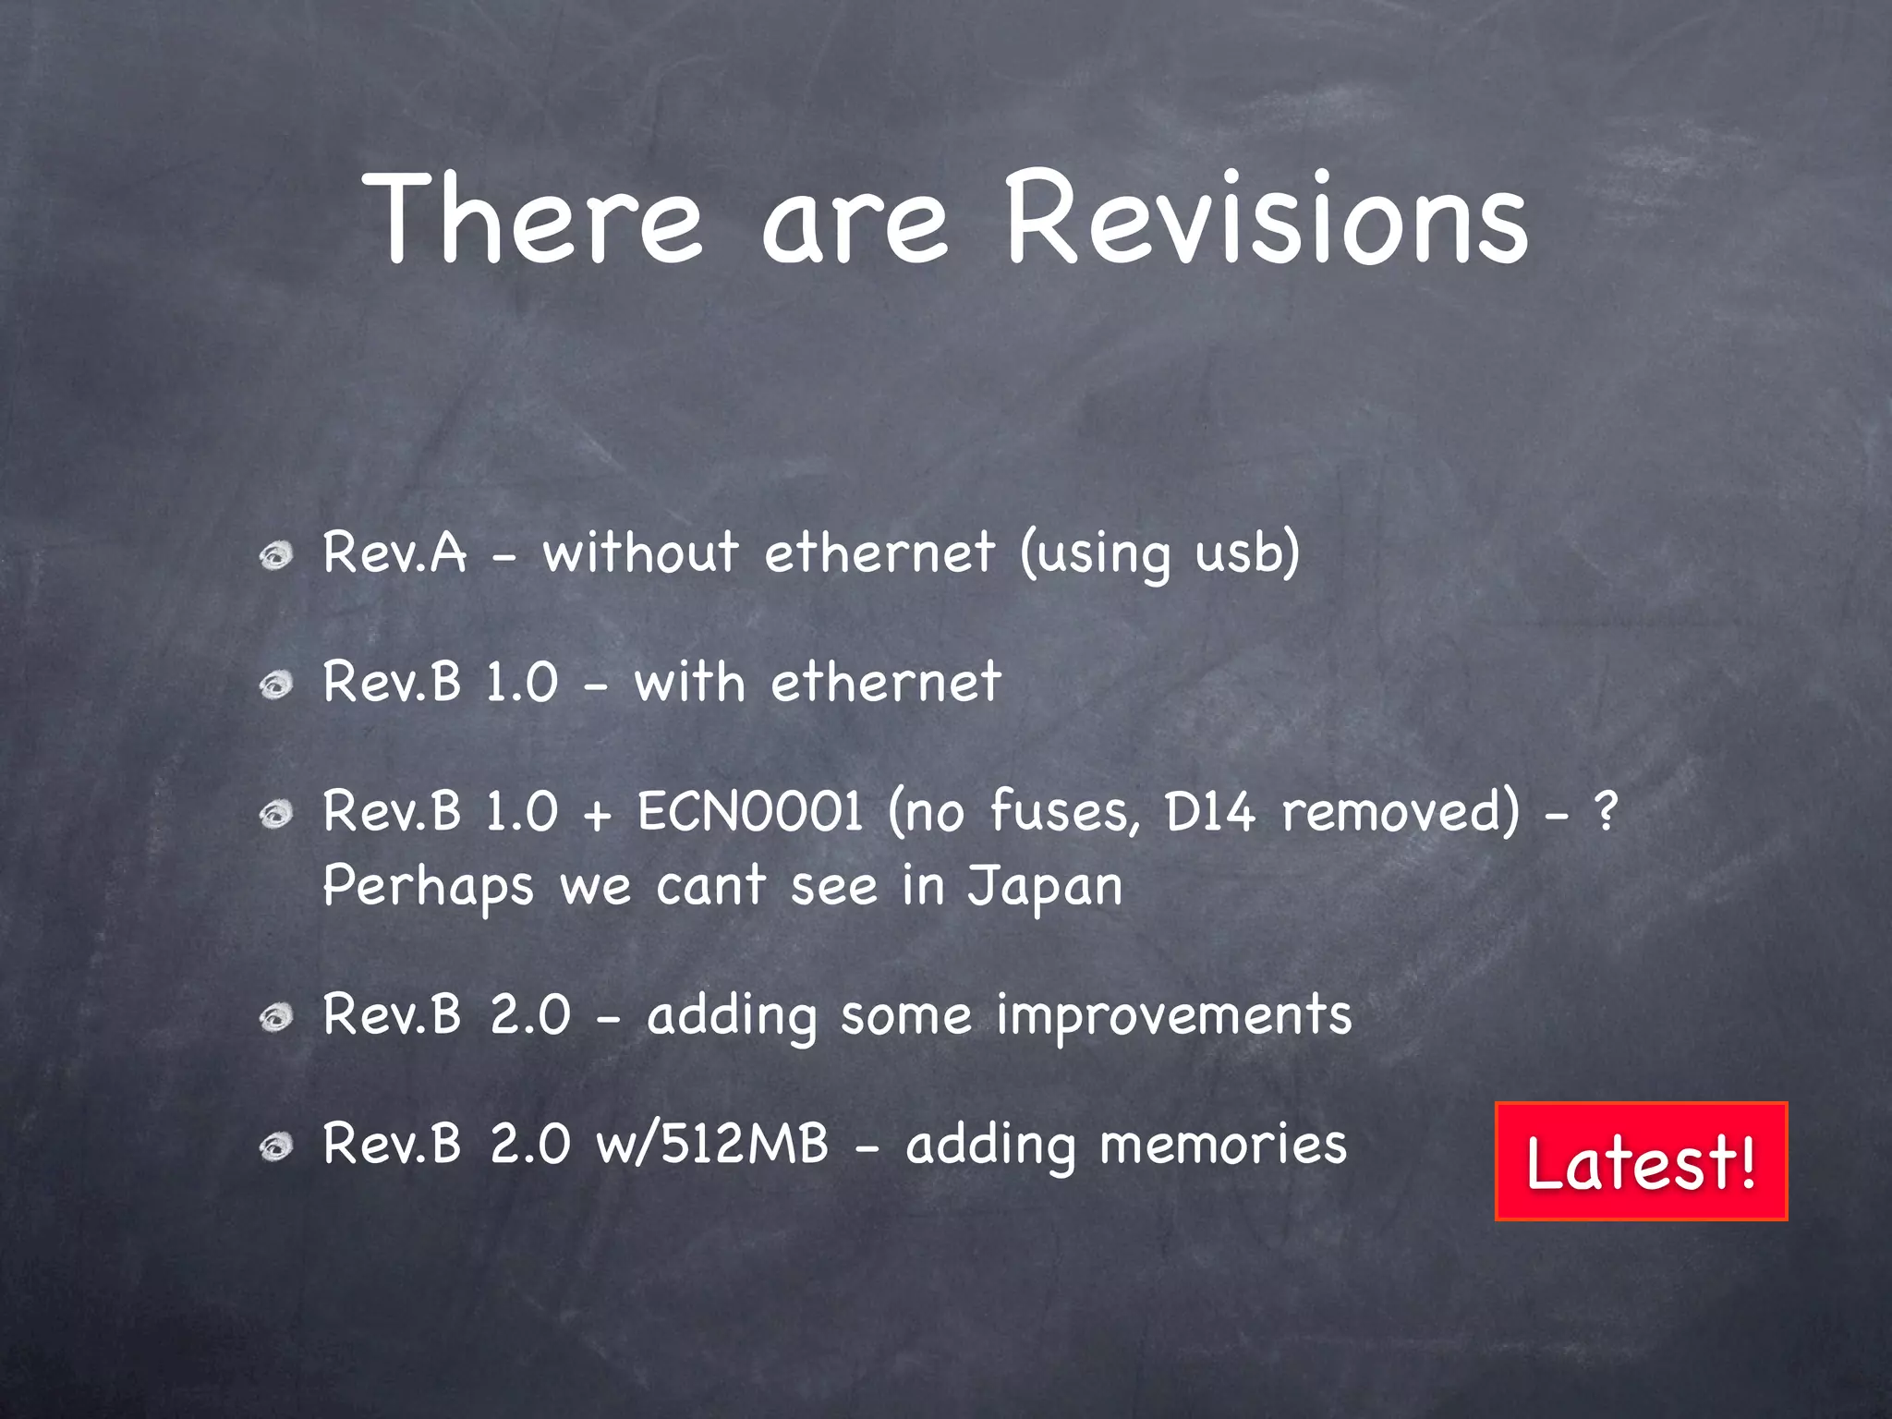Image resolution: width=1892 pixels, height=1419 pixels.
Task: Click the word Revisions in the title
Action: (x=1266, y=220)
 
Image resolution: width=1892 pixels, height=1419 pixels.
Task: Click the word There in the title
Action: (x=534, y=220)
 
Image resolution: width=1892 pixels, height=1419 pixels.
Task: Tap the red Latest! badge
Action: (x=1641, y=1161)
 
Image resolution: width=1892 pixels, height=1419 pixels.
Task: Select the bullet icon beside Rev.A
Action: (x=275, y=556)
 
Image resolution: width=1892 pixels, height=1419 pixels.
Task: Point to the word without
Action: (x=639, y=552)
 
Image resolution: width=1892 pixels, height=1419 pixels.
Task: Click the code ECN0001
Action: (x=749, y=811)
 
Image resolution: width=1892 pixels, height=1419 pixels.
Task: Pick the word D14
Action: (x=1209, y=811)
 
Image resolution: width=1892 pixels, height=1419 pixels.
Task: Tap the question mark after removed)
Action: (x=1607, y=811)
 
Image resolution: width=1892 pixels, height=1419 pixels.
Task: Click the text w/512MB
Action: (x=712, y=1144)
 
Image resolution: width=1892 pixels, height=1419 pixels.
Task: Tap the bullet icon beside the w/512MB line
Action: (x=275, y=1147)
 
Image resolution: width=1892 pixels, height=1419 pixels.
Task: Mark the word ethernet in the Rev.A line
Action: (x=879, y=552)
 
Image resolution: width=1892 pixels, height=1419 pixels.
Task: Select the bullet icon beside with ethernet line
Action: (x=275, y=685)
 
